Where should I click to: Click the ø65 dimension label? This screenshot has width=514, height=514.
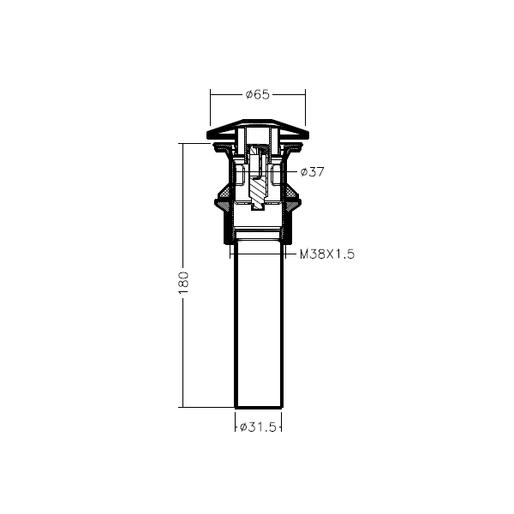[258, 94]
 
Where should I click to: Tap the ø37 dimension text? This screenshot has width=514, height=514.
[312, 172]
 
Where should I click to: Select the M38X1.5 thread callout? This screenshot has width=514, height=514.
[327, 254]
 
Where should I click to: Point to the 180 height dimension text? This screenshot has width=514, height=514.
[184, 283]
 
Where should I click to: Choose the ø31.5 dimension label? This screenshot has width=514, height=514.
[258, 427]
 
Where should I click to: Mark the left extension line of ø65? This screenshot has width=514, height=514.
[210, 107]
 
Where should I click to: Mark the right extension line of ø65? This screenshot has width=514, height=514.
[305, 107]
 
